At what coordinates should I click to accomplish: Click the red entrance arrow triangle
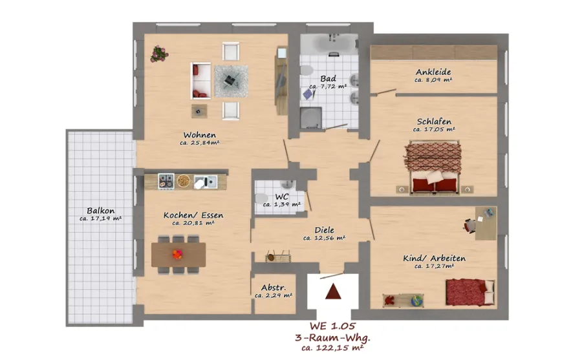click(333, 291)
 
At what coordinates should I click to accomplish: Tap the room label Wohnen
click(199, 134)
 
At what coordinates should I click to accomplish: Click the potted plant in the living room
click(159, 54)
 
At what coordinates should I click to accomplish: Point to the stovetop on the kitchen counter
click(166, 181)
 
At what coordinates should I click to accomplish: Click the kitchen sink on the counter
click(205, 182)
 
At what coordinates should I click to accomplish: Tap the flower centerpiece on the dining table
click(177, 255)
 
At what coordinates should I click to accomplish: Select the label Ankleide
click(433, 72)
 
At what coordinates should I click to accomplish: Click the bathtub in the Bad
click(329, 44)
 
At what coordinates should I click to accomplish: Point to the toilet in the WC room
click(261, 198)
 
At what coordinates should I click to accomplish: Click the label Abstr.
click(273, 288)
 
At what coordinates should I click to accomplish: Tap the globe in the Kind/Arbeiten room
click(417, 301)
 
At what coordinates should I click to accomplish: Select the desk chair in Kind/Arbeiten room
click(469, 226)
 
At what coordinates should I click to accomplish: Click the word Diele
click(324, 230)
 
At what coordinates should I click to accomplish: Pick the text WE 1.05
click(332, 326)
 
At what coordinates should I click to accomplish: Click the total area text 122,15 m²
click(339, 348)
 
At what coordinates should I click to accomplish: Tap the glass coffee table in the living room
click(231, 81)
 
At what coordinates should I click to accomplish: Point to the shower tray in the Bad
click(310, 118)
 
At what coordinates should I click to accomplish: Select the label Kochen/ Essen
click(193, 215)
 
